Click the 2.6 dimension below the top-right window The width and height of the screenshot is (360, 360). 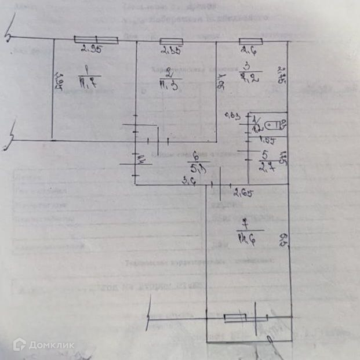pyautogui.click(x=249, y=49)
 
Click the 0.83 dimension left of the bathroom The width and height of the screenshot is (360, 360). pyautogui.click(x=234, y=117)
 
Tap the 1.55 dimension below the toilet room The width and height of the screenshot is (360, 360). pyautogui.click(x=266, y=140)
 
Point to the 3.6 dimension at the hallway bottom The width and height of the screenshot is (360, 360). pyautogui.click(x=188, y=183)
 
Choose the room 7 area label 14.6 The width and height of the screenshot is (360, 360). pyautogui.click(x=242, y=238)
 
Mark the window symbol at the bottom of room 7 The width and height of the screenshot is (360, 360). pyautogui.click(x=237, y=317)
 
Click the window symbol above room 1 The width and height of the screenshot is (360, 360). pyautogui.click(x=96, y=39)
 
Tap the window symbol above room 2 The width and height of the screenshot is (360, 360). pyautogui.click(x=171, y=40)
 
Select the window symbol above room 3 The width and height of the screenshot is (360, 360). pyautogui.click(x=251, y=40)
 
